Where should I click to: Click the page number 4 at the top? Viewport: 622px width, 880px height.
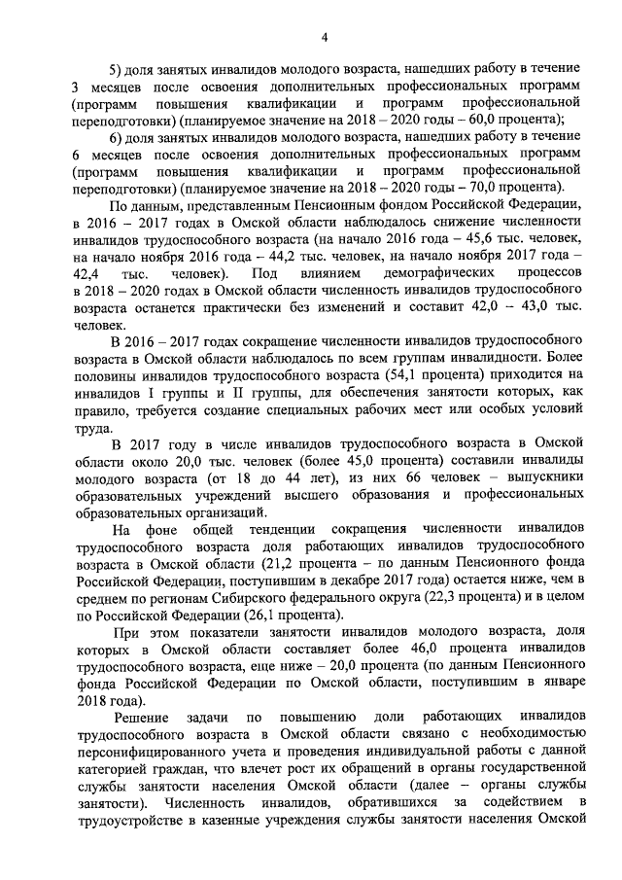click(x=325, y=37)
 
